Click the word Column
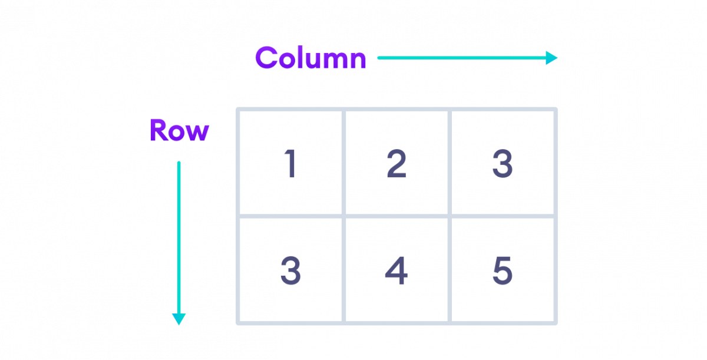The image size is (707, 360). (x=310, y=58)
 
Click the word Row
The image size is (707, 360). (x=179, y=130)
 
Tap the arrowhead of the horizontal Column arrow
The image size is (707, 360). (x=551, y=58)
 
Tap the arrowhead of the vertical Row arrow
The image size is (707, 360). (x=179, y=319)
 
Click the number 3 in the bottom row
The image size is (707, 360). (x=290, y=271)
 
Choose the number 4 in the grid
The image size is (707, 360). (x=396, y=271)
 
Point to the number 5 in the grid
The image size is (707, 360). (x=503, y=271)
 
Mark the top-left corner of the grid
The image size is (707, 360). (x=238, y=109)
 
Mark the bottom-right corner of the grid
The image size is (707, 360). (x=556, y=322)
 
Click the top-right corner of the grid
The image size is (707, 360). (x=556, y=109)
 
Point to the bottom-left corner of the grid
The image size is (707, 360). (x=238, y=322)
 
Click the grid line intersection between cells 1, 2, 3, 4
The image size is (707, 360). (x=344, y=216)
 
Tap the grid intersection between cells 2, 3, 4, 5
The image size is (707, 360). (x=450, y=216)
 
